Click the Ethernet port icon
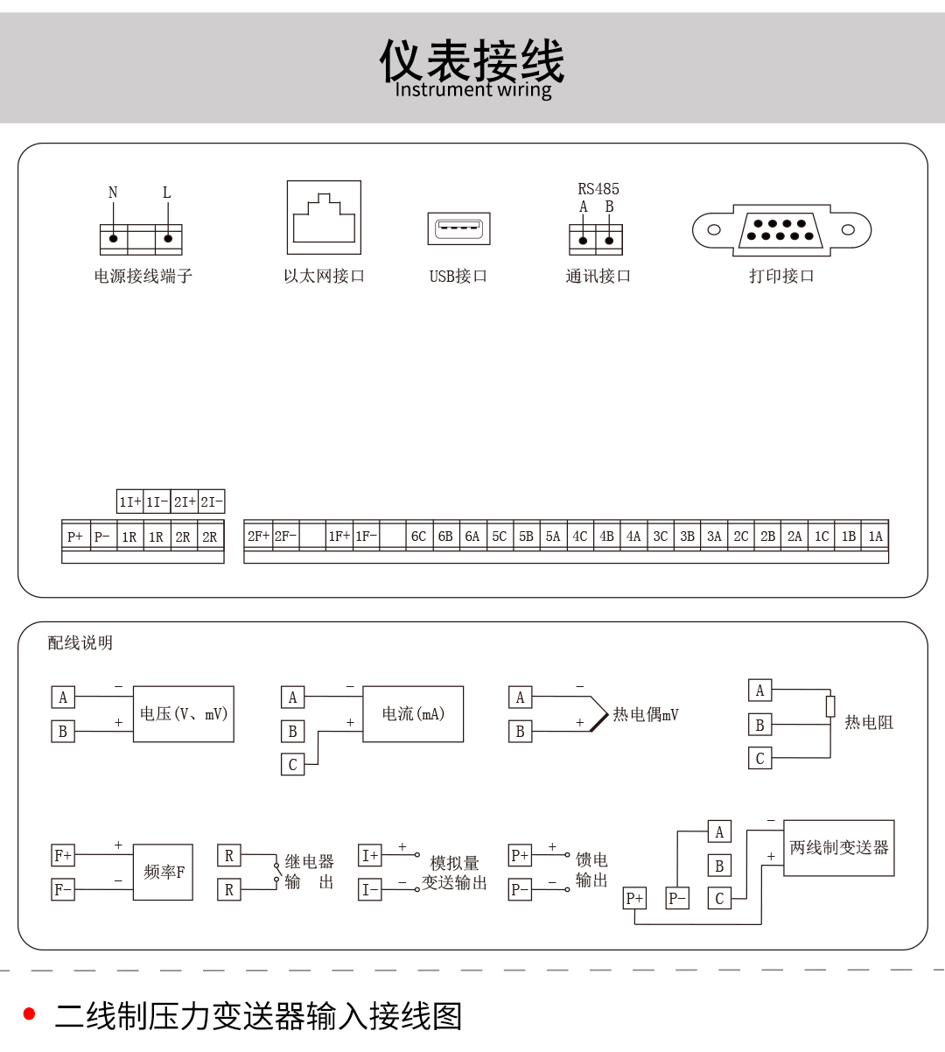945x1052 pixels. (x=324, y=217)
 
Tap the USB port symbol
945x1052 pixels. (x=458, y=228)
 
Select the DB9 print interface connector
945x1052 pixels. (x=781, y=230)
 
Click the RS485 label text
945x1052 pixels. (x=598, y=188)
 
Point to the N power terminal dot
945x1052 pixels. (x=113, y=239)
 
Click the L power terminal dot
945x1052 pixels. (x=168, y=239)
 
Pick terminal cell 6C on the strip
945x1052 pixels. (x=419, y=536)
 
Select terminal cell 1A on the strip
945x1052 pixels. (x=875, y=536)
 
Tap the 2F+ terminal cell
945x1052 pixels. (x=258, y=536)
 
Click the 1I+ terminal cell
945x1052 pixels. (x=129, y=501)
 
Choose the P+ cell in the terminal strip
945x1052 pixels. (x=75, y=537)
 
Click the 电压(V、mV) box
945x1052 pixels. (x=183, y=714)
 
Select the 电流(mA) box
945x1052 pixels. (x=413, y=714)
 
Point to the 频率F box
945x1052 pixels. (x=163, y=872)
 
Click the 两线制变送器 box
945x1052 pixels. (x=838, y=848)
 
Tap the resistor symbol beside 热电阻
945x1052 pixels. (x=830, y=706)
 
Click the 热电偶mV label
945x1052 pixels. (x=646, y=714)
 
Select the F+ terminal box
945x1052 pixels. (x=63, y=855)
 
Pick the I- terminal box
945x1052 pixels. (x=370, y=889)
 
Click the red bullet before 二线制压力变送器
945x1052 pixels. (x=29, y=1013)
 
